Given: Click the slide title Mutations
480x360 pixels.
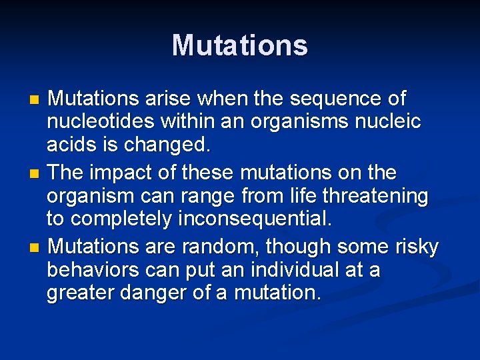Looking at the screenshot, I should pyautogui.click(x=240, y=45).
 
